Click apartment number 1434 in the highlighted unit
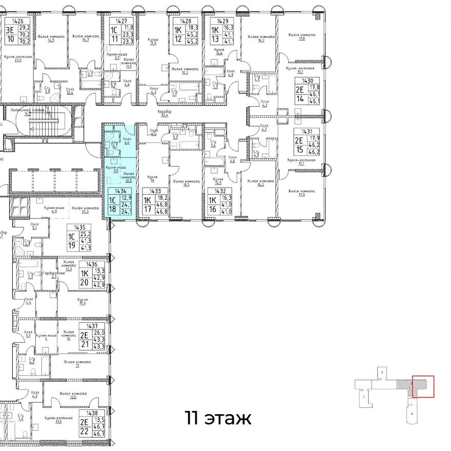pyautogui.click(x=121, y=190)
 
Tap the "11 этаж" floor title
pyautogui.click(x=218, y=418)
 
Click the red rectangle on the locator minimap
pyautogui.click(x=423, y=386)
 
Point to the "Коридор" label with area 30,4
pyautogui.click(x=165, y=113)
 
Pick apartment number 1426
pyautogui.click(x=18, y=21)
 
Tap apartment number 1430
pyautogui.click(x=307, y=80)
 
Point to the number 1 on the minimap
pyautogui.click(x=363, y=397)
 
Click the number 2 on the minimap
pyautogui.click(x=382, y=371)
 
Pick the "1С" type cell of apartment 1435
pyautogui.click(x=72, y=236)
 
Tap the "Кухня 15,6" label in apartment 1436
pyautogui.click(x=83, y=301)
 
